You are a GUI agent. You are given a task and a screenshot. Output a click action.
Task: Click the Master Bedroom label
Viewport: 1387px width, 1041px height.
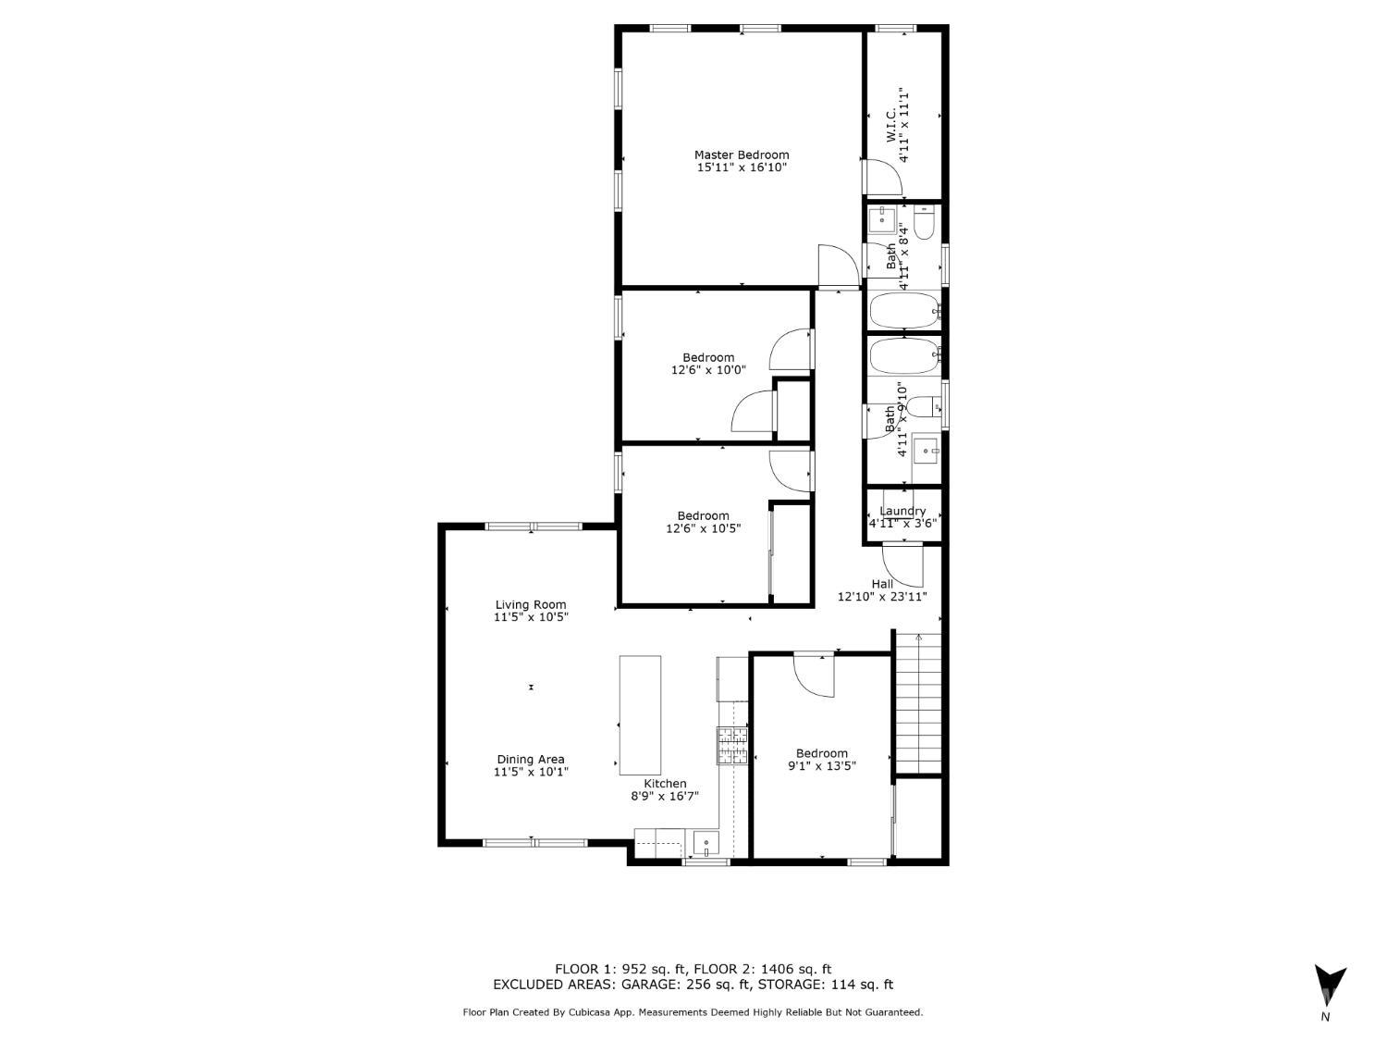coord(742,155)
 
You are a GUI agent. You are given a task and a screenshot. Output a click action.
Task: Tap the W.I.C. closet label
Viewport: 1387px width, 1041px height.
coord(890,127)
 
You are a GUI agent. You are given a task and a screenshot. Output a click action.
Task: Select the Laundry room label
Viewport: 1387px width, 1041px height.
coord(902,511)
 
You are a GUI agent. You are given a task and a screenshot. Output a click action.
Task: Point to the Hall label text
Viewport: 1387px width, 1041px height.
coord(882,584)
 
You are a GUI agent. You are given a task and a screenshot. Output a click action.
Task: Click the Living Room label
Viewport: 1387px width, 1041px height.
coord(531,605)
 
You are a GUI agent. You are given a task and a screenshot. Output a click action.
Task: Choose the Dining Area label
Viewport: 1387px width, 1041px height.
coord(531,760)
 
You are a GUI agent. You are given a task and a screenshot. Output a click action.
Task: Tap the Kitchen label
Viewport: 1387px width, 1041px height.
coord(665,784)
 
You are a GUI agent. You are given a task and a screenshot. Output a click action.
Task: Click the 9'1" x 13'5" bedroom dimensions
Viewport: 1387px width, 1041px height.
coord(821,766)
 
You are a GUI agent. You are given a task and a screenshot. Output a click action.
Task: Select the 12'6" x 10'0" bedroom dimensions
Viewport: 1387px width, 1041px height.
coord(708,370)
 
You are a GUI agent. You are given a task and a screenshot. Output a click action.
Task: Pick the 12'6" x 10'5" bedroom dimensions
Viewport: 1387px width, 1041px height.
coord(704,527)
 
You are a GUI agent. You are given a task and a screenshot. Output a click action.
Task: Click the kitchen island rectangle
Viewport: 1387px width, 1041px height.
coord(640,715)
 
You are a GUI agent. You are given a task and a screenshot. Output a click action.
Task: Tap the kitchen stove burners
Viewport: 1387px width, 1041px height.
coord(732,747)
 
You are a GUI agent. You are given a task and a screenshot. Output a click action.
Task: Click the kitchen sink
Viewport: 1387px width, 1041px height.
coord(706,843)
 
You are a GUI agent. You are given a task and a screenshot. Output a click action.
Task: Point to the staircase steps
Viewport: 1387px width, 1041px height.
coord(919,703)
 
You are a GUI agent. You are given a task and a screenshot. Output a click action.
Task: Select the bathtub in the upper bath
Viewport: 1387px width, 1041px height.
coord(905,310)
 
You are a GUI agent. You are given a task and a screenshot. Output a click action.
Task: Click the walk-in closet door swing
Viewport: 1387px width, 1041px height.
coord(883,179)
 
